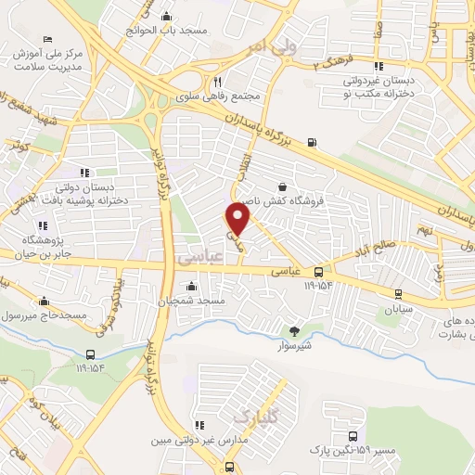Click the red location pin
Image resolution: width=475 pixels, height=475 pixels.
pyautogui.click(x=238, y=219)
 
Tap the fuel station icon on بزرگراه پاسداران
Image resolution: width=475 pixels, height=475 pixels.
pyautogui.click(x=310, y=143)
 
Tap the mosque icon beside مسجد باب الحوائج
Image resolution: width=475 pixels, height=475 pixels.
pyautogui.click(x=166, y=16)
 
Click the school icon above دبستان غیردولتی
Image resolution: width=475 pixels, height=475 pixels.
pyautogui.click(x=378, y=66)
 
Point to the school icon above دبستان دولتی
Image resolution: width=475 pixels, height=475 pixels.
pyautogui.click(x=84, y=172)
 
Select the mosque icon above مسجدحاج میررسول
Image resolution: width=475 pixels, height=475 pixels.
pyautogui.click(x=44, y=301)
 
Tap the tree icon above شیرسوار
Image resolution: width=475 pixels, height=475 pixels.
pyautogui.click(x=295, y=329)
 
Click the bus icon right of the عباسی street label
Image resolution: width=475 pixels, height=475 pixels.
pyautogui.click(x=318, y=272)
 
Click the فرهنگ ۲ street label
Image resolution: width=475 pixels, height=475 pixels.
pyautogui.click(x=333, y=64)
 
